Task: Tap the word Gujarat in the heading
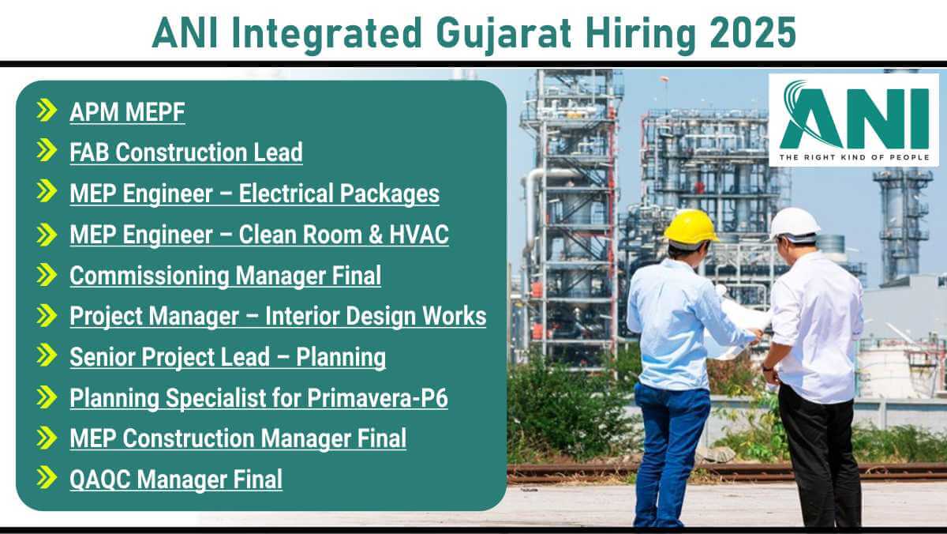[x=503, y=36]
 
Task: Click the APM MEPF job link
[x=127, y=112]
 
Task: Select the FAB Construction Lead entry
[x=186, y=152]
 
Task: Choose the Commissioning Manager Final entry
[x=226, y=276]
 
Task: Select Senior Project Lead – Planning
[x=227, y=357]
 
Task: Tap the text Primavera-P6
[x=377, y=398]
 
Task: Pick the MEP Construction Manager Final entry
[x=238, y=438]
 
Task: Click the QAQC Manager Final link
[x=176, y=479]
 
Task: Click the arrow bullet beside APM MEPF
[x=47, y=111]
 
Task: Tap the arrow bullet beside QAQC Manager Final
[x=47, y=477]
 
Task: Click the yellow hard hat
[x=691, y=228]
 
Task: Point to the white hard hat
[x=794, y=225]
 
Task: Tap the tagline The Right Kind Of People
[x=855, y=157]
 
